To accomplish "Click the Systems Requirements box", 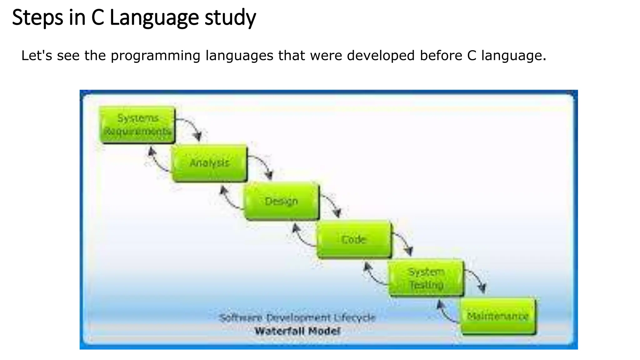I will pos(137,125).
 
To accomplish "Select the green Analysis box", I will pos(209,163).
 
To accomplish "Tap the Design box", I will pos(281,201).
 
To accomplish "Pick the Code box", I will pos(353,239).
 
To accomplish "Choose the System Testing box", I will pos(426,277).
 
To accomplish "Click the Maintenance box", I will pos(498,316).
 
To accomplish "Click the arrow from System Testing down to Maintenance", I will pos(477,279).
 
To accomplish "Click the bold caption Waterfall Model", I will pos(297,331).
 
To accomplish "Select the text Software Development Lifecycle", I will pos(297,318).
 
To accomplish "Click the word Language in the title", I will pos(154,18).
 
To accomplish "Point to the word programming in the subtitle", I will pos(155,56).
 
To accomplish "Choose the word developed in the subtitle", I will pos(381,56).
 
